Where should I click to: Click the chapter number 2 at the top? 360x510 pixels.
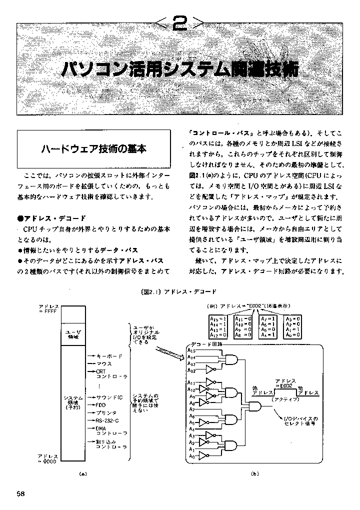click(179, 23)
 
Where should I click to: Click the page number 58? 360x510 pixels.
click(20, 493)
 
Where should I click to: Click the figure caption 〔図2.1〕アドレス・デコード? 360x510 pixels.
click(180, 290)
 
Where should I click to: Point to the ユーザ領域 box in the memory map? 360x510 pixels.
click(74, 333)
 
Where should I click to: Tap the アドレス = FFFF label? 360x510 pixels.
click(48, 308)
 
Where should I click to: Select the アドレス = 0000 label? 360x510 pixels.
click(48, 459)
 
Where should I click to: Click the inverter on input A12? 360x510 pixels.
click(209, 370)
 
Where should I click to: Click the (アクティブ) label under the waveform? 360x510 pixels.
click(284, 400)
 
